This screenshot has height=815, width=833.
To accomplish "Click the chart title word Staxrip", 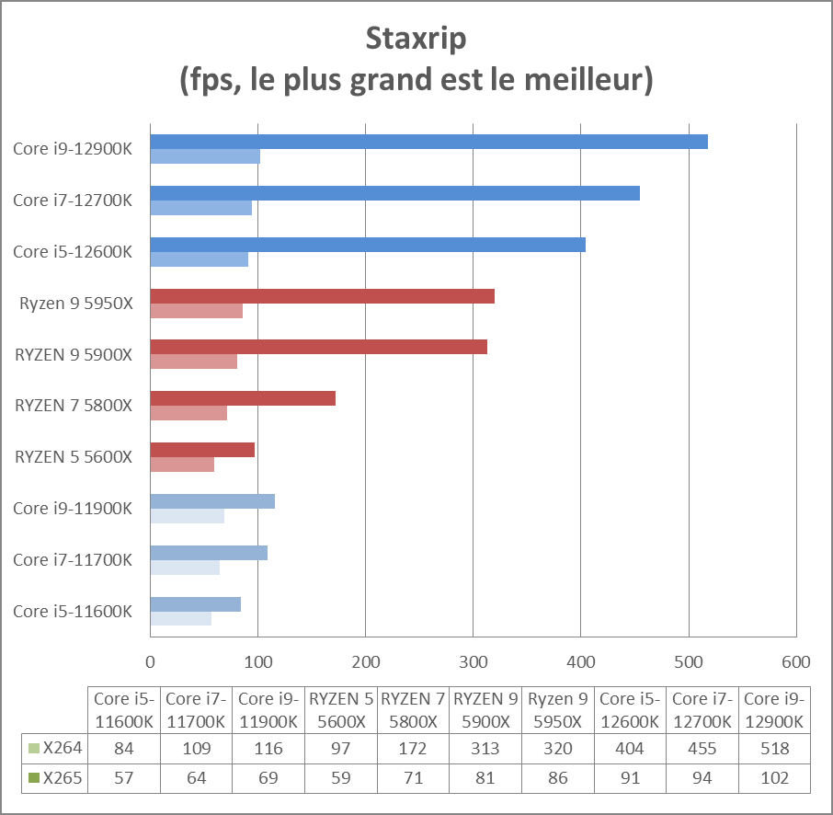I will coord(416,40).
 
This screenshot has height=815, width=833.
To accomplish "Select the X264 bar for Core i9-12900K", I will coord(428,142).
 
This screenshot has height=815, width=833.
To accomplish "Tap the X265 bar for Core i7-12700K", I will coord(200,208).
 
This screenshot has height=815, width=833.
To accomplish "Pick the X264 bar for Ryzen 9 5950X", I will coord(322,296).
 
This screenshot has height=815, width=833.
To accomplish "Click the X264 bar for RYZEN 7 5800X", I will coord(243,398).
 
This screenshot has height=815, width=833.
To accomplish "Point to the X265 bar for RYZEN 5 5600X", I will coord(182,465).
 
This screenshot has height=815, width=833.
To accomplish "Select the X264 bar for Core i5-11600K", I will coord(195,604).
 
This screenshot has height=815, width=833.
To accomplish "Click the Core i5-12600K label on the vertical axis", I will coord(73,252).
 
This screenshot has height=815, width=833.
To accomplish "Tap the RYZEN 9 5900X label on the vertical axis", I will coord(74,354).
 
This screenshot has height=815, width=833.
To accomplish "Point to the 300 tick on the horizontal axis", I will coord(473,661).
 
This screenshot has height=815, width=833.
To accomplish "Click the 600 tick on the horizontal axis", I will coord(795,661).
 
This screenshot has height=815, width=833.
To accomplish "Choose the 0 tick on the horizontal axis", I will coord(150,661).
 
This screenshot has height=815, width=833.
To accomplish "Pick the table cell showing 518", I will coord(776,749).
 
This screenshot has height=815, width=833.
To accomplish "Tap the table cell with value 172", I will coord(413,749).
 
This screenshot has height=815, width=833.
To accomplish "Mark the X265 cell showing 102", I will coord(776,779).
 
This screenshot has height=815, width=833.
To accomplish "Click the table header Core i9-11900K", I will coord(268,709).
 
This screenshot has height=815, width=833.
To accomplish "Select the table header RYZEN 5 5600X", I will coord(341,709).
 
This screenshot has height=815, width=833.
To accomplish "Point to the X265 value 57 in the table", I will coord(123,779).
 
